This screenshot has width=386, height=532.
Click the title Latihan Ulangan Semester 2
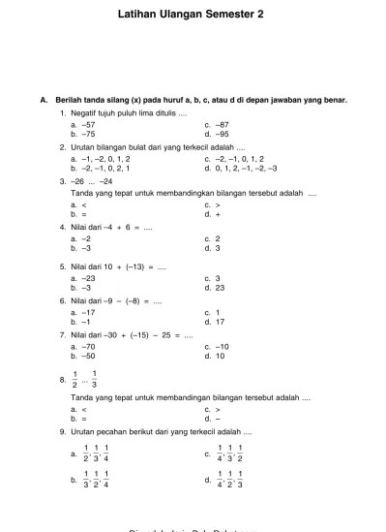[193, 16]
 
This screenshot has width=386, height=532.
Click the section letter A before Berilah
[43, 100]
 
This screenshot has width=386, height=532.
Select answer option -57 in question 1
[89, 125]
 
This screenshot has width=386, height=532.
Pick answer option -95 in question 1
[223, 134]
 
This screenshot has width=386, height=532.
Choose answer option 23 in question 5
[220, 288]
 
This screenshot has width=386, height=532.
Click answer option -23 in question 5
[89, 279]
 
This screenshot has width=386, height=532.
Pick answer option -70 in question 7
[89, 346]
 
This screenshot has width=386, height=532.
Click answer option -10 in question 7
[223, 346]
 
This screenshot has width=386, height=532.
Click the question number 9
[62, 431]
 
